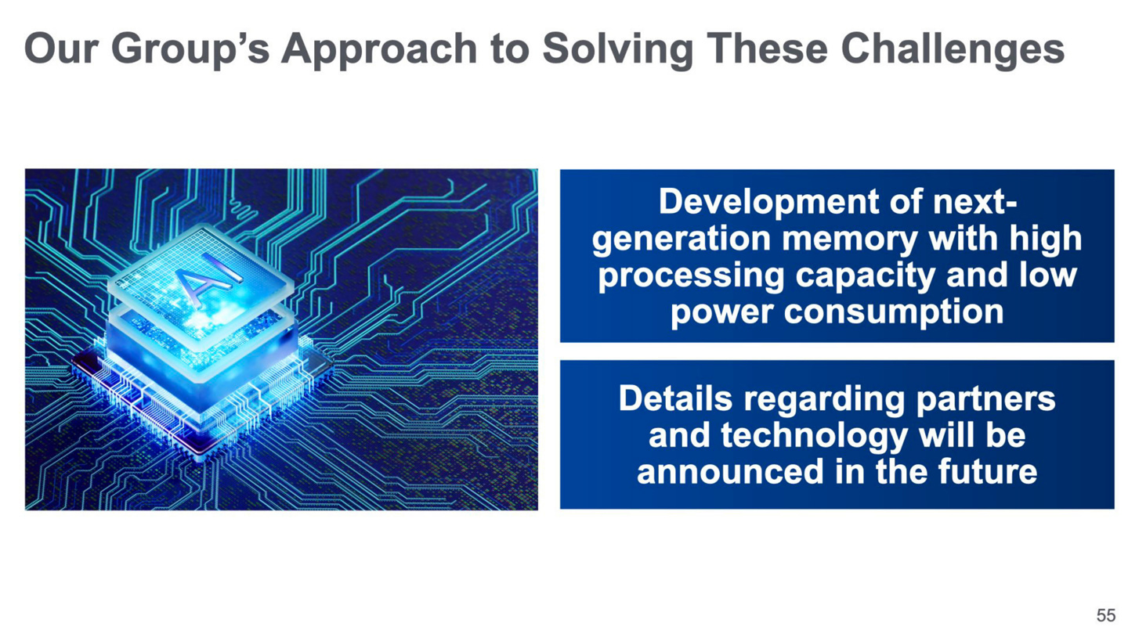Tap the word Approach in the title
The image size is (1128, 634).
[x=379, y=49]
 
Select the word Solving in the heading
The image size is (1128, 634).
[x=618, y=49]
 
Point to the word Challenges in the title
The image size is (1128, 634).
[x=953, y=49]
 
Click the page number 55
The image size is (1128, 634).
[x=1106, y=615]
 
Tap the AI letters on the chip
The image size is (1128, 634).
[x=208, y=279]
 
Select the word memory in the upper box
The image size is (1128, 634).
[x=849, y=239]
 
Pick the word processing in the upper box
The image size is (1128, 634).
[x=692, y=276]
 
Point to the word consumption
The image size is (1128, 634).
[x=893, y=312]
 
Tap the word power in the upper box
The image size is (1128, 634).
[x=722, y=313]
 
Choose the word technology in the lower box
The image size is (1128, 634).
[x=814, y=436]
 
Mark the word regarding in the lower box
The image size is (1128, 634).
[x=824, y=399]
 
